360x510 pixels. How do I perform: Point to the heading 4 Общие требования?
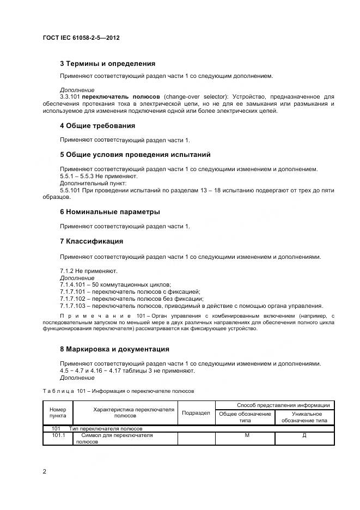(97, 126)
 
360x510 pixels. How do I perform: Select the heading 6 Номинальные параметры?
(110, 212)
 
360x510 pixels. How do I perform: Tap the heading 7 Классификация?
(91, 241)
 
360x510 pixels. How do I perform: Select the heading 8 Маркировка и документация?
(114, 349)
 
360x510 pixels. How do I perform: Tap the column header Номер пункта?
(57, 413)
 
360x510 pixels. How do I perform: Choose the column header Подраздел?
(196, 413)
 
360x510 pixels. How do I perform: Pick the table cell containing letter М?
(247, 435)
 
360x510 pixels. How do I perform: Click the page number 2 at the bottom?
(44, 471)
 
